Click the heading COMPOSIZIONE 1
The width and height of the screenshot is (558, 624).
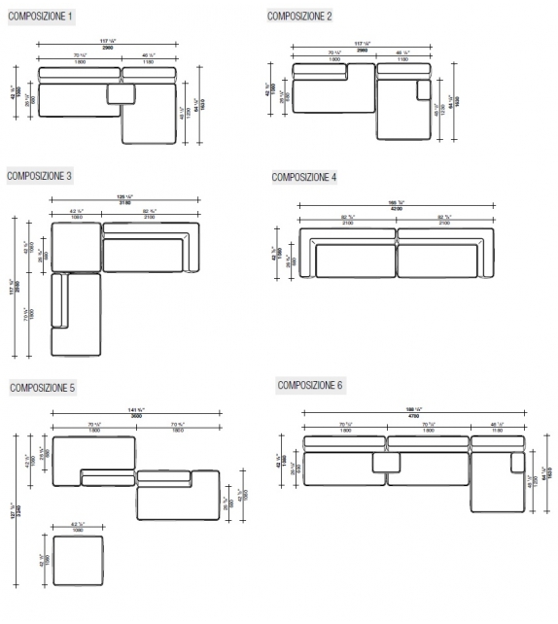point(39,17)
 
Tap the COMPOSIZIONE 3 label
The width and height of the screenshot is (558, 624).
point(40,176)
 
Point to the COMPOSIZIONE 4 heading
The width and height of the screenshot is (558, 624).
point(304,177)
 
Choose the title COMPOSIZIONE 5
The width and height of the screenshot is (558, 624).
point(43,388)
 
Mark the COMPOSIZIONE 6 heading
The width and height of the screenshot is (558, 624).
point(310,385)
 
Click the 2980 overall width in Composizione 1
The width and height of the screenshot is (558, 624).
point(107,46)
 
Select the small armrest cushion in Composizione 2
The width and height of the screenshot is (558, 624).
point(423,89)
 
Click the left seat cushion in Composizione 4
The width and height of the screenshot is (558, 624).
point(355,260)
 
